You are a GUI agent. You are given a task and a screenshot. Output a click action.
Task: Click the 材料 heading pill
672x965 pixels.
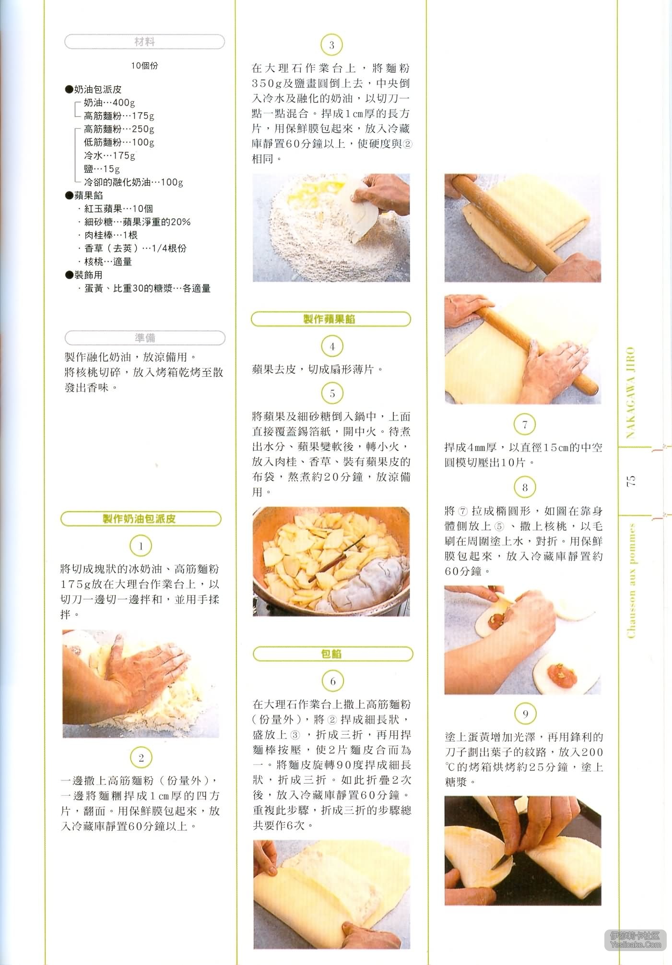click(x=144, y=42)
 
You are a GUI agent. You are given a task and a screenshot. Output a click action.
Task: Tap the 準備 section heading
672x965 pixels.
click(x=144, y=338)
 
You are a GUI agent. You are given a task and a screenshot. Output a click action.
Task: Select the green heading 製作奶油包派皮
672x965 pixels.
click(x=141, y=519)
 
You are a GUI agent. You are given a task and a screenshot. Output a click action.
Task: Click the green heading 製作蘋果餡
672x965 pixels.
click(x=331, y=319)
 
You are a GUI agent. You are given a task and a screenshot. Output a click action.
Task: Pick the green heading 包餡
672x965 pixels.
click(x=332, y=654)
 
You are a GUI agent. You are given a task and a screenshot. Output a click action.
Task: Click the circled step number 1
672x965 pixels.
click(x=141, y=546)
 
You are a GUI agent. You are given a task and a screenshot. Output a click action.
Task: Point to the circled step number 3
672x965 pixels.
click(x=331, y=46)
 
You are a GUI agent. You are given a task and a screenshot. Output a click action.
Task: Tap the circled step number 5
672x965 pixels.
click(x=332, y=393)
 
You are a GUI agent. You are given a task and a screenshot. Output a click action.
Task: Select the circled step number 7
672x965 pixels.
click(x=525, y=424)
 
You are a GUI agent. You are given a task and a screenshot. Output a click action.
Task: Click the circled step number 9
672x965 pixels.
click(x=525, y=714)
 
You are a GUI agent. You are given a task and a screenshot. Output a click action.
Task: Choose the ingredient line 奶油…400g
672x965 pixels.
click(x=109, y=103)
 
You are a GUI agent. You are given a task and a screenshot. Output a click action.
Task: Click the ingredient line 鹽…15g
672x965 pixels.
click(x=102, y=169)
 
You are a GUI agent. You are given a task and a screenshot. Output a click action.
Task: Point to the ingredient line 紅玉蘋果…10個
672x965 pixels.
click(x=118, y=209)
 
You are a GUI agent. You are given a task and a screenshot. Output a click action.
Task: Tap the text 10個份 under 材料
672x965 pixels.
click(x=144, y=66)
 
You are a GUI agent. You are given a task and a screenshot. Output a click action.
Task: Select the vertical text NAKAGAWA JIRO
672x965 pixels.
click(x=631, y=393)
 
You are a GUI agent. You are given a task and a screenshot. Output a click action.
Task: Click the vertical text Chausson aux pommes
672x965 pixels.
click(x=631, y=581)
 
